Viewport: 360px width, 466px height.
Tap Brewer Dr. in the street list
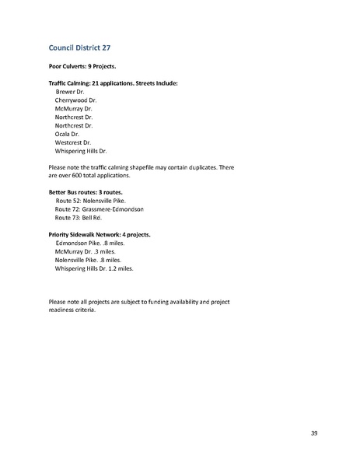72,91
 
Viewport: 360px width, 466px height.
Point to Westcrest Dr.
73,142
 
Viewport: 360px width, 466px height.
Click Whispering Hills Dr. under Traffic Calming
81,151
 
